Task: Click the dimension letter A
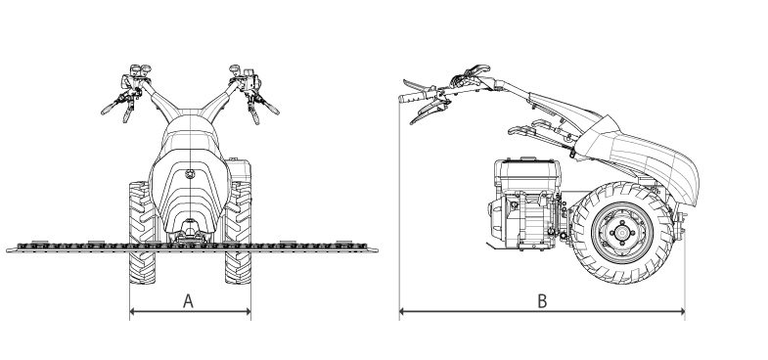[x=188, y=300]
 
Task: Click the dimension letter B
[x=542, y=300]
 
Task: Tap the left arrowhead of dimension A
[x=132, y=311]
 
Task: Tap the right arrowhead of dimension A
[x=248, y=311]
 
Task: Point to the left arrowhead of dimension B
[x=402, y=311]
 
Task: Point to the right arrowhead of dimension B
[x=682, y=311]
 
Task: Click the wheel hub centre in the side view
[x=622, y=233]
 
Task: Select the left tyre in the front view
[x=142, y=233]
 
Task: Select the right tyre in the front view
[x=238, y=233]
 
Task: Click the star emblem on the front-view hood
[x=190, y=174]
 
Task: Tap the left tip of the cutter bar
[x=7, y=249]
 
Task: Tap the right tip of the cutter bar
[x=377, y=249]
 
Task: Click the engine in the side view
[x=525, y=203]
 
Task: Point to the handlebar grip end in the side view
[x=402, y=99]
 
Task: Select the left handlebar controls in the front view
[x=129, y=91]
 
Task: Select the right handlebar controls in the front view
[x=251, y=92]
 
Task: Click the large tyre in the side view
[x=622, y=233]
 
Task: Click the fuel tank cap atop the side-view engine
[x=527, y=158]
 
